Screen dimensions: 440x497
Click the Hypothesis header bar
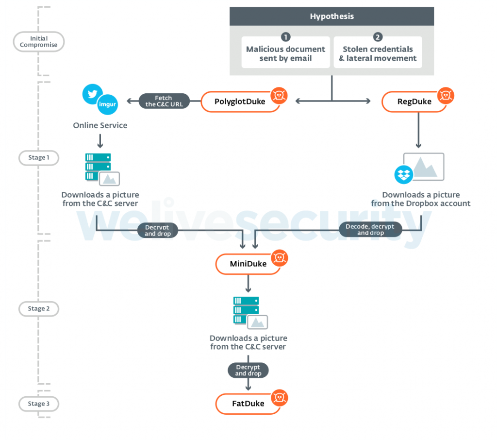tap(331, 17)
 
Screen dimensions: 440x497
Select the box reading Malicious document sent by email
tap(285, 52)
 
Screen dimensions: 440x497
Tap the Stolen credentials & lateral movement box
tap(378, 52)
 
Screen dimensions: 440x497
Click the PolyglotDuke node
tap(240, 102)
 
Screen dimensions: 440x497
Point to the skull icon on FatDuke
tap(279, 397)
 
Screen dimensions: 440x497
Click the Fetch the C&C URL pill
tap(164, 101)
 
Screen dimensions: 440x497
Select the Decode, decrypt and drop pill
tap(370, 229)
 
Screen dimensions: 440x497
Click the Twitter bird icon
tap(92, 93)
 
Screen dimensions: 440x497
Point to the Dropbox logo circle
tap(404, 174)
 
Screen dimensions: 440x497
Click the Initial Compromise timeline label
tap(39, 42)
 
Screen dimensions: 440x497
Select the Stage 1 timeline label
tap(39, 157)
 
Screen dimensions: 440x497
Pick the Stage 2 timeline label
tap(39, 308)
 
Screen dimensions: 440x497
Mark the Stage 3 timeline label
tap(39, 404)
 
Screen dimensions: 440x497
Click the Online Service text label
tap(100, 125)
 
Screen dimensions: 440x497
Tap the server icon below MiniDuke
tap(246, 310)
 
